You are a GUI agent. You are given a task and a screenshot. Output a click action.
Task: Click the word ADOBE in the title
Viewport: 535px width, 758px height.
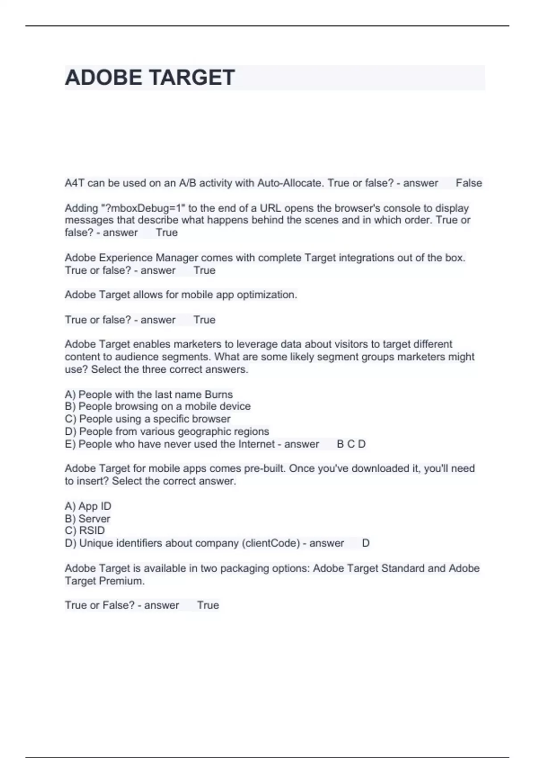click(103, 78)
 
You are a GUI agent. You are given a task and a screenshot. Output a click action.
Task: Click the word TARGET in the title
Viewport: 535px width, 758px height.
click(192, 78)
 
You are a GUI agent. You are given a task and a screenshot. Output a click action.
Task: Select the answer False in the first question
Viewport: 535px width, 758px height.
click(469, 183)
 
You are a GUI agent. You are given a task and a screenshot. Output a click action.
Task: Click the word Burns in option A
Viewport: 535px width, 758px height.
click(218, 394)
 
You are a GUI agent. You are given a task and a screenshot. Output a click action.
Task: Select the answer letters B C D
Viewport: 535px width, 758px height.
click(351, 444)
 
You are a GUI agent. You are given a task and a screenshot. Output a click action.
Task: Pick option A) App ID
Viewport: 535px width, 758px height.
click(88, 506)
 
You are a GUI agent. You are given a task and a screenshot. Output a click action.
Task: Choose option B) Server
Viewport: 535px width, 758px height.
click(87, 519)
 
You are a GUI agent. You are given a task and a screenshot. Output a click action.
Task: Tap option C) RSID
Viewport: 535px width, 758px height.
click(85, 531)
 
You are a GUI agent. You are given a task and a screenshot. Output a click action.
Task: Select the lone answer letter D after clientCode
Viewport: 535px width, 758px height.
click(366, 543)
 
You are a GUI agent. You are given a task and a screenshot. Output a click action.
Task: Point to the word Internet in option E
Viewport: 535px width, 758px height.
click(257, 444)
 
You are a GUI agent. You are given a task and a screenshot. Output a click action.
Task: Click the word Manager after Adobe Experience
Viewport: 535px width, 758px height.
click(177, 258)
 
